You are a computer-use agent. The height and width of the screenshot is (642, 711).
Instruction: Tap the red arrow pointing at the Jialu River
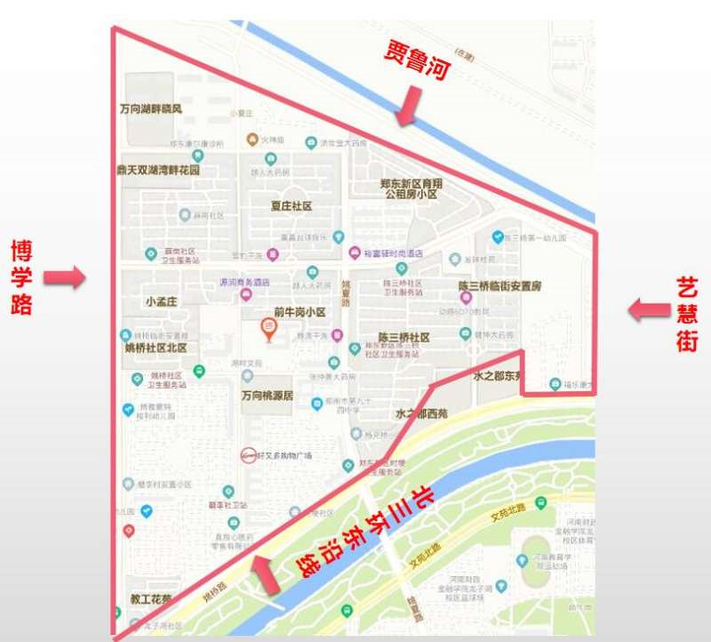[x=409, y=107]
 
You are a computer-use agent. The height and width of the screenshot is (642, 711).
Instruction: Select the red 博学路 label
[x=21, y=277]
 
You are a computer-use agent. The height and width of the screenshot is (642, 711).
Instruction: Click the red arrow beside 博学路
[x=65, y=278]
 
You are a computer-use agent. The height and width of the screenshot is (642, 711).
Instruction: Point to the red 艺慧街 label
[x=687, y=313]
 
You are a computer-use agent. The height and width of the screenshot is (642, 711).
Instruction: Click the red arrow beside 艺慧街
[x=648, y=310]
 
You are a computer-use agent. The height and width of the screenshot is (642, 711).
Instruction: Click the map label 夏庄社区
[x=292, y=206]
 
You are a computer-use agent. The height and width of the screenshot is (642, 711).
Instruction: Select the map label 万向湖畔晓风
[x=151, y=109]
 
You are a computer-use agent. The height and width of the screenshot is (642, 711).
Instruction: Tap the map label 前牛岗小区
[x=300, y=312]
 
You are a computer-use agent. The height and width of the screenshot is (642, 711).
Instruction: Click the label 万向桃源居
[x=267, y=396]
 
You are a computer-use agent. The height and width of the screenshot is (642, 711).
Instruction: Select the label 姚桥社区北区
[x=156, y=348]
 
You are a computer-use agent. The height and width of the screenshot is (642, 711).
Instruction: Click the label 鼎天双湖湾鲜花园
[x=158, y=169]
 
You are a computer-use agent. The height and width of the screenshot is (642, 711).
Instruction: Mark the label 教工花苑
[x=150, y=598]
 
